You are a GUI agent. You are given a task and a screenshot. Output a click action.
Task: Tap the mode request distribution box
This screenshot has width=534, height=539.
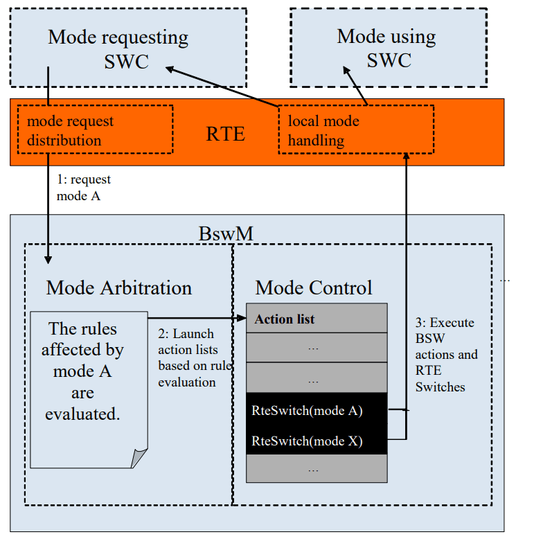pos(94,130)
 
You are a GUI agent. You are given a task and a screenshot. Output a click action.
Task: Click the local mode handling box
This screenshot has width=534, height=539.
pos(356,130)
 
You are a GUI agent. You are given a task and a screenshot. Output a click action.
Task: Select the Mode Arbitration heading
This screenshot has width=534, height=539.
pos(118,288)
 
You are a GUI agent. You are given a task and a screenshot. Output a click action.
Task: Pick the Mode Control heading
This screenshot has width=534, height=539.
pos(314,288)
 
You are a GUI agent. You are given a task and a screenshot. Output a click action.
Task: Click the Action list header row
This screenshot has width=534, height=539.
pos(317,319)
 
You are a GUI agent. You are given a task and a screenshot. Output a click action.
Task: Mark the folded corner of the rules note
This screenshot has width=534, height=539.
pos(139,458)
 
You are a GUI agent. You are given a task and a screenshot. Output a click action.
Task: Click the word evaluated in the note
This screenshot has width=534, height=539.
pos(82,414)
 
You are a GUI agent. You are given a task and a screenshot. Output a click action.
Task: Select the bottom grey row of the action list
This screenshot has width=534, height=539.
pos(317,469)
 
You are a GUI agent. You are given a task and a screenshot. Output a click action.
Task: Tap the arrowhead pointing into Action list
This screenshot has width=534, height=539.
pos(242,319)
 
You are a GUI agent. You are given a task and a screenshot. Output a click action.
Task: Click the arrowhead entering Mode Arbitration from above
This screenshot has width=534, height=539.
pos(48,259)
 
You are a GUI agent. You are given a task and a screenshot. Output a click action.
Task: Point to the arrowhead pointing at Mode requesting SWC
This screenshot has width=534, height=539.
pos(168,67)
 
